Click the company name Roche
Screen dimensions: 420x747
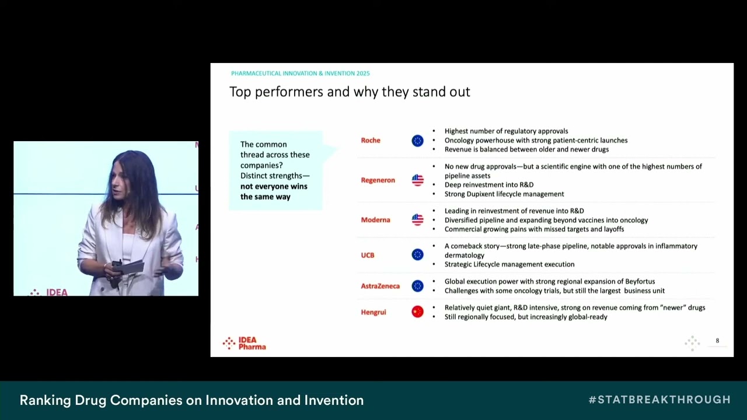[371, 141]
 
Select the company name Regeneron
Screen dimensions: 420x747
[378, 180]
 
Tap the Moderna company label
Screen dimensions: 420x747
[375, 220]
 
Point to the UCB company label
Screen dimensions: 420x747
[368, 256]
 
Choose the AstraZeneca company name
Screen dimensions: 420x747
[380, 286]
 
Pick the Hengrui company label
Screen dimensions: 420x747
[373, 313]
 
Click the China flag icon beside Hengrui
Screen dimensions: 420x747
[417, 312]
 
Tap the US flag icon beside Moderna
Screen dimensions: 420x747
[417, 220]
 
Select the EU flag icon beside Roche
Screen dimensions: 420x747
[417, 141]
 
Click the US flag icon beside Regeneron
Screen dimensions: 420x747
[417, 180]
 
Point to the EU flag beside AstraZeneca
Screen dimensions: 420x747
[417, 286]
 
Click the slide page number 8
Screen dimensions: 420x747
[717, 341]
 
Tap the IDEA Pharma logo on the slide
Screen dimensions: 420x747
[245, 343]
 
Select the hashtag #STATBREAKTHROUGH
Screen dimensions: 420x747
[659, 400]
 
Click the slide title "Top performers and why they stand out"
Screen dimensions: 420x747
[350, 92]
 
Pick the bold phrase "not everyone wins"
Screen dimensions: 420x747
[274, 187]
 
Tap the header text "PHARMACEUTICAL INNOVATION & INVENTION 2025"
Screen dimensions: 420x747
[300, 73]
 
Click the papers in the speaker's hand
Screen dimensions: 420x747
[131, 268]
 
